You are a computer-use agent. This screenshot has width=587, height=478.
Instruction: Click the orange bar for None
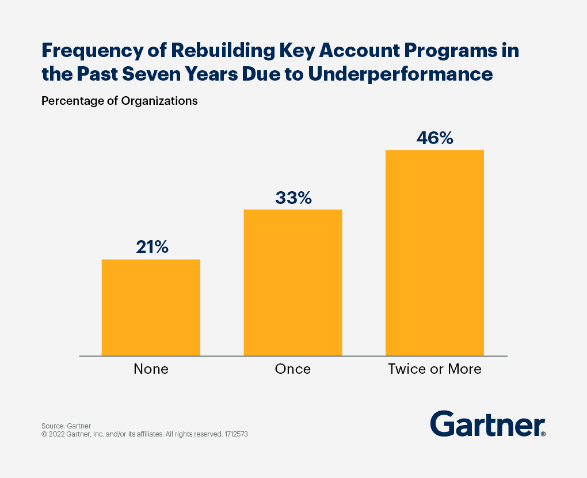point(151,308)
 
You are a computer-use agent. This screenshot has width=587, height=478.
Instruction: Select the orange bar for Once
point(293,282)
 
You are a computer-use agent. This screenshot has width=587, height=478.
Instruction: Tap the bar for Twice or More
point(434,253)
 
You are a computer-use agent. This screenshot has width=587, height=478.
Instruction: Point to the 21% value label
point(152,247)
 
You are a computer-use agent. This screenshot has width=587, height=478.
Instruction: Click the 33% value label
point(293,198)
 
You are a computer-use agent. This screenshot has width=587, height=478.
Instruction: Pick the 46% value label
point(435,138)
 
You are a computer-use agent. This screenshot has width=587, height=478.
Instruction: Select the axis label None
point(151,369)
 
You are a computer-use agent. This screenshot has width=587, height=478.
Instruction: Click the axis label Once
point(293,369)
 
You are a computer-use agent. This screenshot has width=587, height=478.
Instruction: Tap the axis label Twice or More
point(434,369)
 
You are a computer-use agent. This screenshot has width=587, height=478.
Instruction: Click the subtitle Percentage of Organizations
point(119,101)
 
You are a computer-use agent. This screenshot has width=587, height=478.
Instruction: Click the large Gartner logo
point(486,424)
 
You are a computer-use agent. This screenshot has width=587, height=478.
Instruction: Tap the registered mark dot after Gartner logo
point(543,434)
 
